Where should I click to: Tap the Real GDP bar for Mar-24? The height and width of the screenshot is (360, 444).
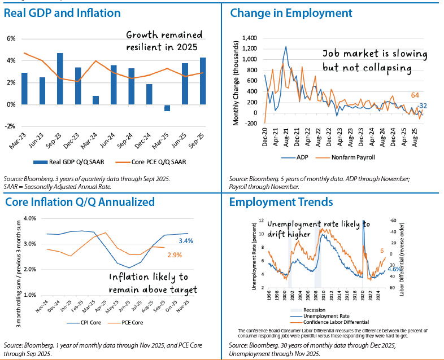[x=95, y=100]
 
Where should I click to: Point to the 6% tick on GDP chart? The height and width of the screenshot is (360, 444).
[x=11, y=38]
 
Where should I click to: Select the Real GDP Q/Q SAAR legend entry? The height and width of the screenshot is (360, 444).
[x=73, y=162]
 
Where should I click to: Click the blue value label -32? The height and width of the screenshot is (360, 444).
[x=421, y=106]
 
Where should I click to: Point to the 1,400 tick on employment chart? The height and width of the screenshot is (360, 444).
[x=249, y=38]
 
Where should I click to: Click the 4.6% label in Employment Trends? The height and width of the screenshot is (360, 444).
[x=394, y=270]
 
